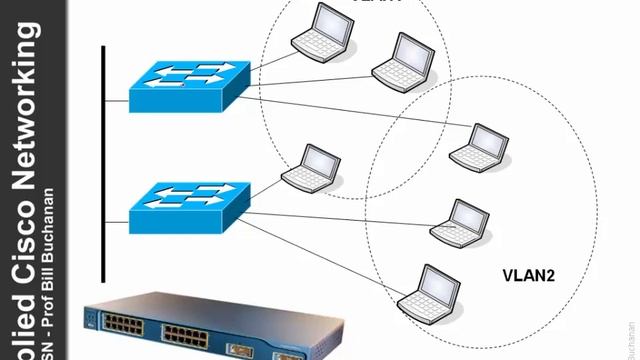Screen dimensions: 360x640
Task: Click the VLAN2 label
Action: click(x=524, y=273)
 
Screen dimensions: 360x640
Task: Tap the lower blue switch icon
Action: click(x=188, y=205)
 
